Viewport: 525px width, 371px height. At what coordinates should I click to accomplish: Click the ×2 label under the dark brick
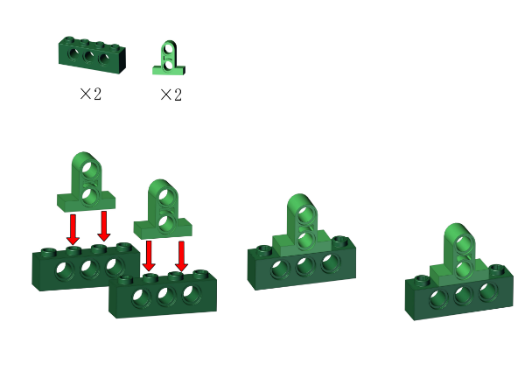(90, 94)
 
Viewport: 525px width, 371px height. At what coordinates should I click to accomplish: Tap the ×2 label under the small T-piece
(171, 94)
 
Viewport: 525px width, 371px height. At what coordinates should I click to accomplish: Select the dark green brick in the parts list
(92, 54)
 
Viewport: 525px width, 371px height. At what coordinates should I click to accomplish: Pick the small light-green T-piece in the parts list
(169, 58)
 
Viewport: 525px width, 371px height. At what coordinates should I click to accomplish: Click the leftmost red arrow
(73, 230)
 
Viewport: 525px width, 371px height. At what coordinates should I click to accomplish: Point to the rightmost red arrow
(181, 256)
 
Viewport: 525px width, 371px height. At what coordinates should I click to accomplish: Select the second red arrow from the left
(104, 226)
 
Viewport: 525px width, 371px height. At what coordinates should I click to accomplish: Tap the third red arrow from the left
(149, 255)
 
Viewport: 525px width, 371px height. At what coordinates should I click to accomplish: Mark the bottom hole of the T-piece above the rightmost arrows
(166, 222)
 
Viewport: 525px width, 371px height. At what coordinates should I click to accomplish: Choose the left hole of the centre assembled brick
(280, 269)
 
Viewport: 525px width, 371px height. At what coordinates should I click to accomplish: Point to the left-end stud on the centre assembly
(264, 249)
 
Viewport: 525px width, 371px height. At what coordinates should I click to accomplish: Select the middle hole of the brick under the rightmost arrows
(167, 295)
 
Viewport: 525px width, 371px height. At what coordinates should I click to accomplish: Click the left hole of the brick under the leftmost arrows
(65, 271)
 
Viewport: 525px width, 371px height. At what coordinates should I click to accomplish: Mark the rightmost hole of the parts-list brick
(104, 59)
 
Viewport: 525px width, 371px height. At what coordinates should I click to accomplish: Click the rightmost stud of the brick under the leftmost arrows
(124, 247)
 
